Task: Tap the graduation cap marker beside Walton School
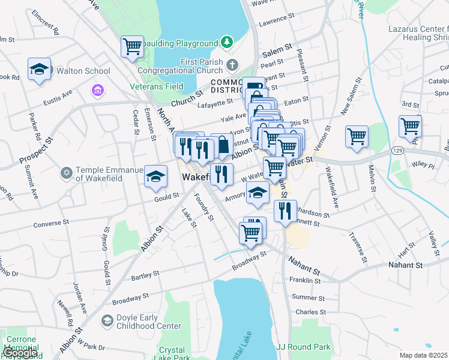point(40,70)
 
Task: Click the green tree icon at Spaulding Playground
point(226,42)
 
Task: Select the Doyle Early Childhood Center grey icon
point(107,320)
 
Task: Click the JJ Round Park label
point(303,347)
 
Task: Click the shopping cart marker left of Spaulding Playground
point(132,47)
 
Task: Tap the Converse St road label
point(56,224)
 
